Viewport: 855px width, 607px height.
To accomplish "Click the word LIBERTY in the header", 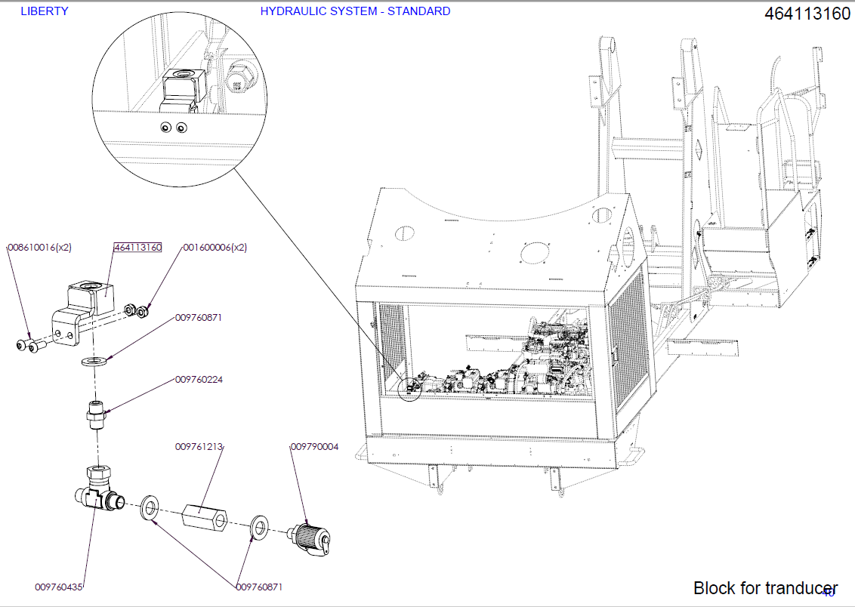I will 44,11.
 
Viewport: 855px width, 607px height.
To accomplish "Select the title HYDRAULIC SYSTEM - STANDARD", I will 355,11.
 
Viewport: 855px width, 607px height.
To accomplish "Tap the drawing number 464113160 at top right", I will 807,14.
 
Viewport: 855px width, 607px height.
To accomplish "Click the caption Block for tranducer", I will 765,588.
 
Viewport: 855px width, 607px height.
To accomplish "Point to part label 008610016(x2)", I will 39,248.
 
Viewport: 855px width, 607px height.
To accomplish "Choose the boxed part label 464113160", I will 137,248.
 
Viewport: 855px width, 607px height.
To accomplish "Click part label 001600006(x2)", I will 215,248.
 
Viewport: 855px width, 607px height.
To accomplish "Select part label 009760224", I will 199,380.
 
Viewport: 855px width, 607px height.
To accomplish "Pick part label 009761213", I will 199,447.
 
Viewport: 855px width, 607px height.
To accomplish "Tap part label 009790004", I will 315,447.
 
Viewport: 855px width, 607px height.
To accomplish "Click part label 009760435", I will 59,587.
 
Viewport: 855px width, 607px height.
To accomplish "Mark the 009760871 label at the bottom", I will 259,587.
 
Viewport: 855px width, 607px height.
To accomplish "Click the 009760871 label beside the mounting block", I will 199,318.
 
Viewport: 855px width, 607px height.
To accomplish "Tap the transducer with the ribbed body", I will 310,537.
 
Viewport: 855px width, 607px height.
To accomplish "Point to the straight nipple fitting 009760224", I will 95,415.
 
